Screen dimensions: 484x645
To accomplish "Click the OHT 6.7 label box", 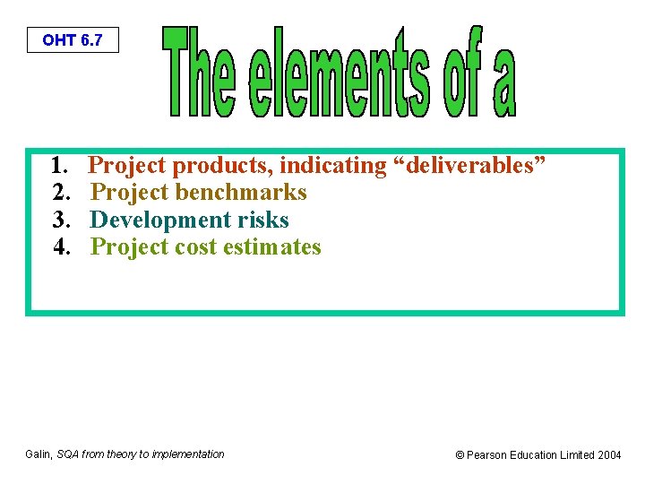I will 73,40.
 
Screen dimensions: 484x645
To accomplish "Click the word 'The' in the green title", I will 199,73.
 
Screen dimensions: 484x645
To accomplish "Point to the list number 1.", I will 60,166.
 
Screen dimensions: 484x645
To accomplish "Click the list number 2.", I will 60,193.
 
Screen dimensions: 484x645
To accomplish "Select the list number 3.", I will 60,220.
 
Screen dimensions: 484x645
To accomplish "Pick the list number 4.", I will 60,246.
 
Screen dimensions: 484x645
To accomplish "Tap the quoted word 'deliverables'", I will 465,166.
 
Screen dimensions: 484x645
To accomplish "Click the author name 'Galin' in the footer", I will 38,454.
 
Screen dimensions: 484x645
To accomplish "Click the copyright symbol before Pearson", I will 460,455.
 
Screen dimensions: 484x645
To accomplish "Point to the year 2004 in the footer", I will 609,455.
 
